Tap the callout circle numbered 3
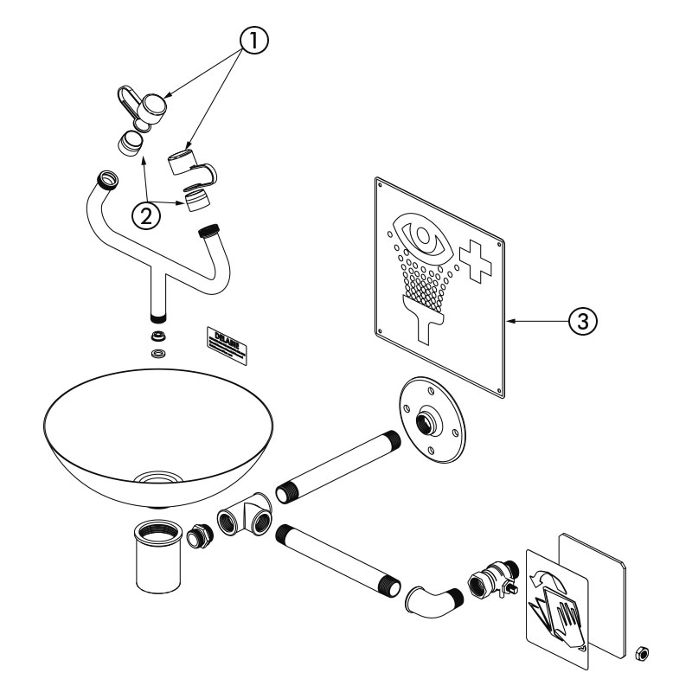[582, 320]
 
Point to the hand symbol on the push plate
[560, 614]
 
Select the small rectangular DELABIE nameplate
[226, 339]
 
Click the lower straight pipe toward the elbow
[339, 561]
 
